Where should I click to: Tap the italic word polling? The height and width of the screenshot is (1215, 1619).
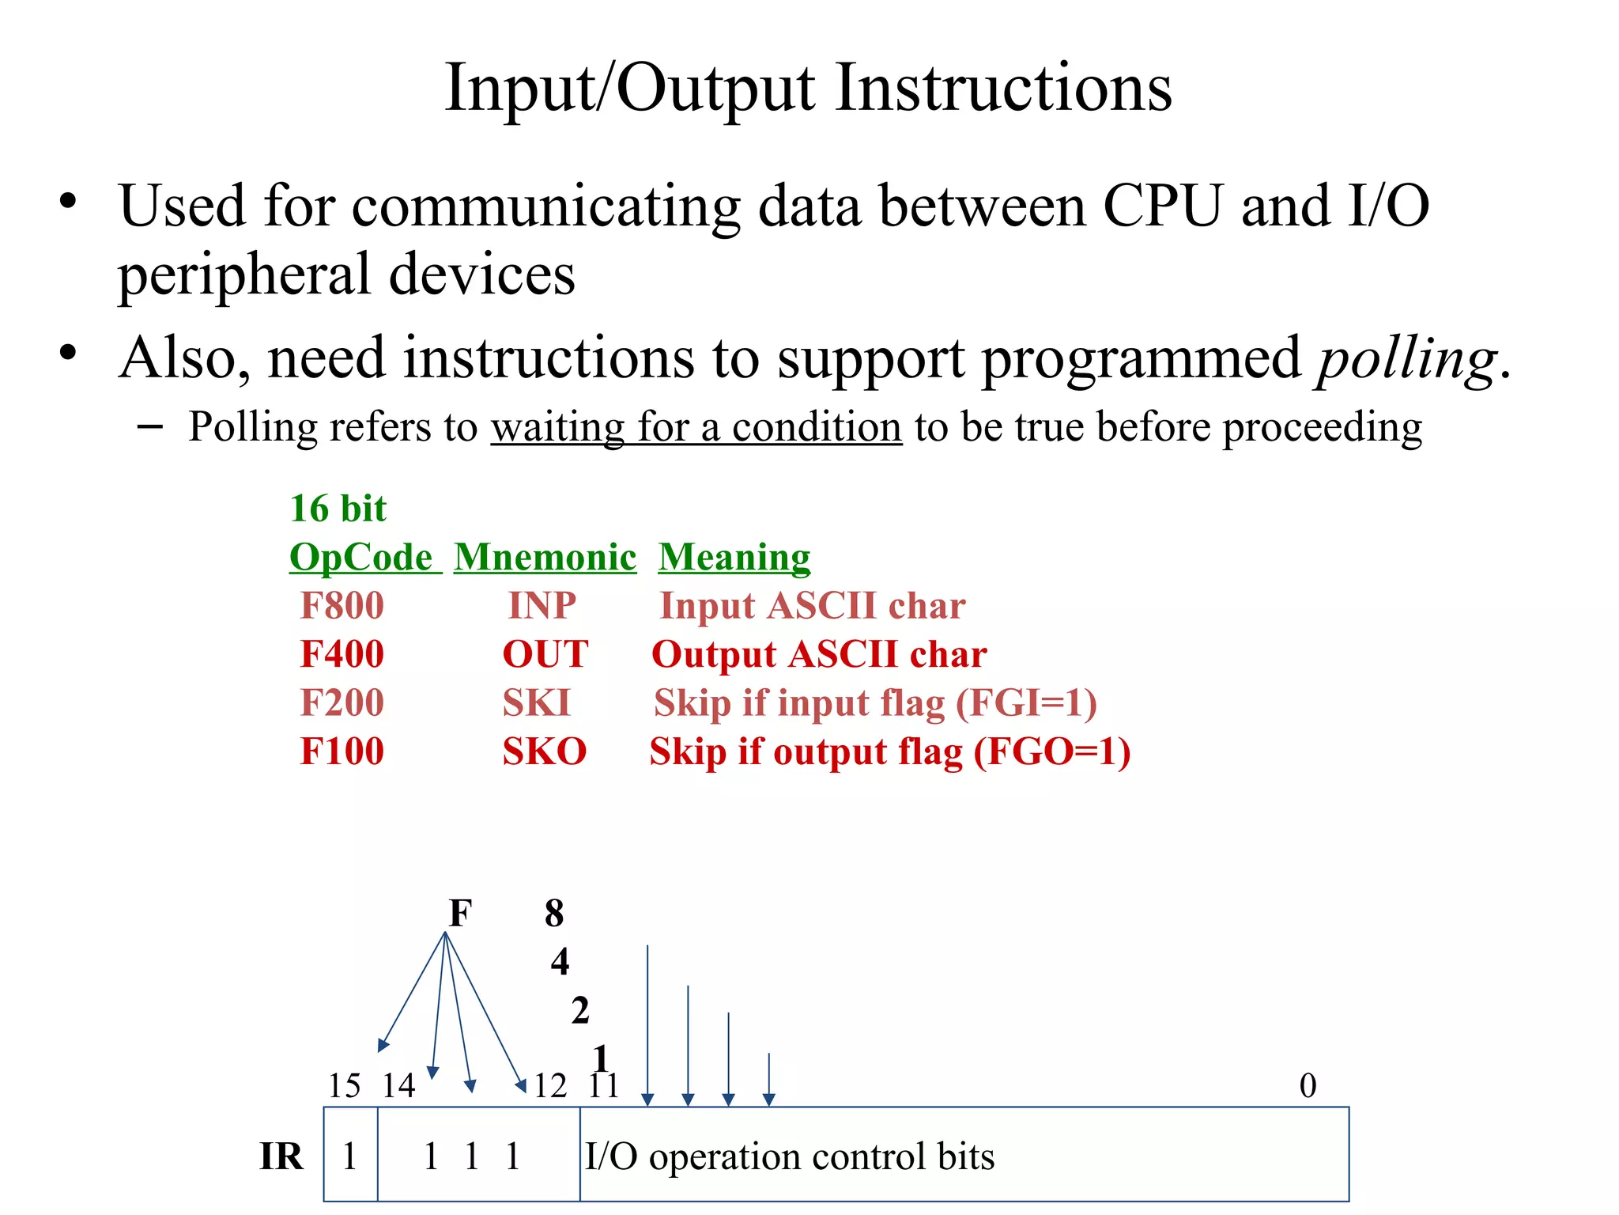pyautogui.click(x=1407, y=360)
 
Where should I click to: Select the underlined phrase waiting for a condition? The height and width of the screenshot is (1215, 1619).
pyautogui.click(x=696, y=428)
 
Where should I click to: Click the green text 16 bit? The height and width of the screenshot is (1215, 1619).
pyautogui.click(x=338, y=509)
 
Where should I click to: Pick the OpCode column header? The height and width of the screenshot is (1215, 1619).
pyautogui.click(x=361, y=558)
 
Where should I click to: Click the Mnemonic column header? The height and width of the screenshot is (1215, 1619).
pyautogui.click(x=545, y=558)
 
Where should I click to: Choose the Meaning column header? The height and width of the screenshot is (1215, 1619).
pyautogui.click(x=734, y=558)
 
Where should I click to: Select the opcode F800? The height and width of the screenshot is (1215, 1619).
pyautogui.click(x=342, y=607)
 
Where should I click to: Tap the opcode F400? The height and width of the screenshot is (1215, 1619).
pyautogui.click(x=342, y=655)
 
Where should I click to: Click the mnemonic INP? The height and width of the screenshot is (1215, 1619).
pyautogui.click(x=542, y=607)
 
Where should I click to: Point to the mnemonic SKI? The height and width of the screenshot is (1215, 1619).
pyautogui.click(x=536, y=703)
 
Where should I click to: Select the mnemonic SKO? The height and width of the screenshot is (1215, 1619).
pyautogui.click(x=545, y=751)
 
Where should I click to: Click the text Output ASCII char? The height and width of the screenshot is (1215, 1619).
pyautogui.click(x=819, y=655)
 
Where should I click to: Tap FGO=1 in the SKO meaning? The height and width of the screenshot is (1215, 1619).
pyautogui.click(x=1051, y=752)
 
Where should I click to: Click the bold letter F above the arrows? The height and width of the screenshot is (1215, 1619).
pyautogui.click(x=460, y=914)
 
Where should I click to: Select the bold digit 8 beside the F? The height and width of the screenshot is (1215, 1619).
pyautogui.click(x=554, y=914)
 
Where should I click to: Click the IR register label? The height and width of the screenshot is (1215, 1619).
pyautogui.click(x=281, y=1157)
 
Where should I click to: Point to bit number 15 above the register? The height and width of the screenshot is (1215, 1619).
pyautogui.click(x=345, y=1086)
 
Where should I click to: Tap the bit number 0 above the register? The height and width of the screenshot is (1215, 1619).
pyautogui.click(x=1308, y=1086)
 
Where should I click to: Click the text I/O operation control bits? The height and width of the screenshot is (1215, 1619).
pyautogui.click(x=789, y=1157)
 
